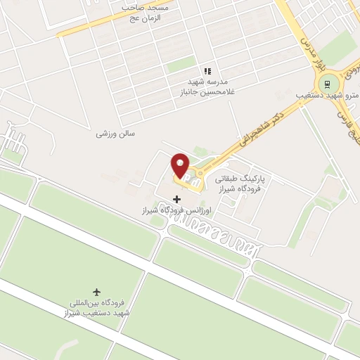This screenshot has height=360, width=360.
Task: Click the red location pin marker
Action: tap(180, 166)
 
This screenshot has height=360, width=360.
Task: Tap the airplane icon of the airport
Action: tap(96, 291)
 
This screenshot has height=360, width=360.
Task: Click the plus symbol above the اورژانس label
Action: tap(176, 200)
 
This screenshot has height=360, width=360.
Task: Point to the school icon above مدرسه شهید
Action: tap(207, 71)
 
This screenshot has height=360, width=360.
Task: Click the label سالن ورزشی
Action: tap(115, 133)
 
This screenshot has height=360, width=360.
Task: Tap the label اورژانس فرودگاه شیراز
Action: tap(175, 210)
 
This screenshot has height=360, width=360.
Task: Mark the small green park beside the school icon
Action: tap(181, 65)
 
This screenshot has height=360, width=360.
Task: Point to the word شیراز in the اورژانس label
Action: tap(150, 210)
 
